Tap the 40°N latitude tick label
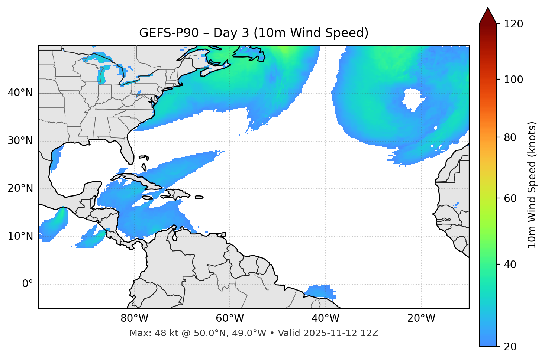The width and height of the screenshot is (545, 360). (x=20, y=93)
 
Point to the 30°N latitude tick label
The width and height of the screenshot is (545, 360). (x=20, y=141)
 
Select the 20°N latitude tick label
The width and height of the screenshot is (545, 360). (x=20, y=188)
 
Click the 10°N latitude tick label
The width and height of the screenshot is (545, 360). (x=20, y=236)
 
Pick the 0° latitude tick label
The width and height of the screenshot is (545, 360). (x=28, y=284)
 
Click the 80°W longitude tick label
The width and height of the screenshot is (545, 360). (x=134, y=318)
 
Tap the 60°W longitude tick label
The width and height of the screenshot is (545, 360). (x=230, y=318)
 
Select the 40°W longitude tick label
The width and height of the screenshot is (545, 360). (x=326, y=318)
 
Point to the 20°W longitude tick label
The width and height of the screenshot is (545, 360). (x=421, y=318)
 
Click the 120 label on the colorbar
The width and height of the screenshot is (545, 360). (x=513, y=24)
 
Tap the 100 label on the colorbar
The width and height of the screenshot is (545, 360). (x=513, y=80)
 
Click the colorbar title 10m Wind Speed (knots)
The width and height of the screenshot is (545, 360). (x=532, y=185)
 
